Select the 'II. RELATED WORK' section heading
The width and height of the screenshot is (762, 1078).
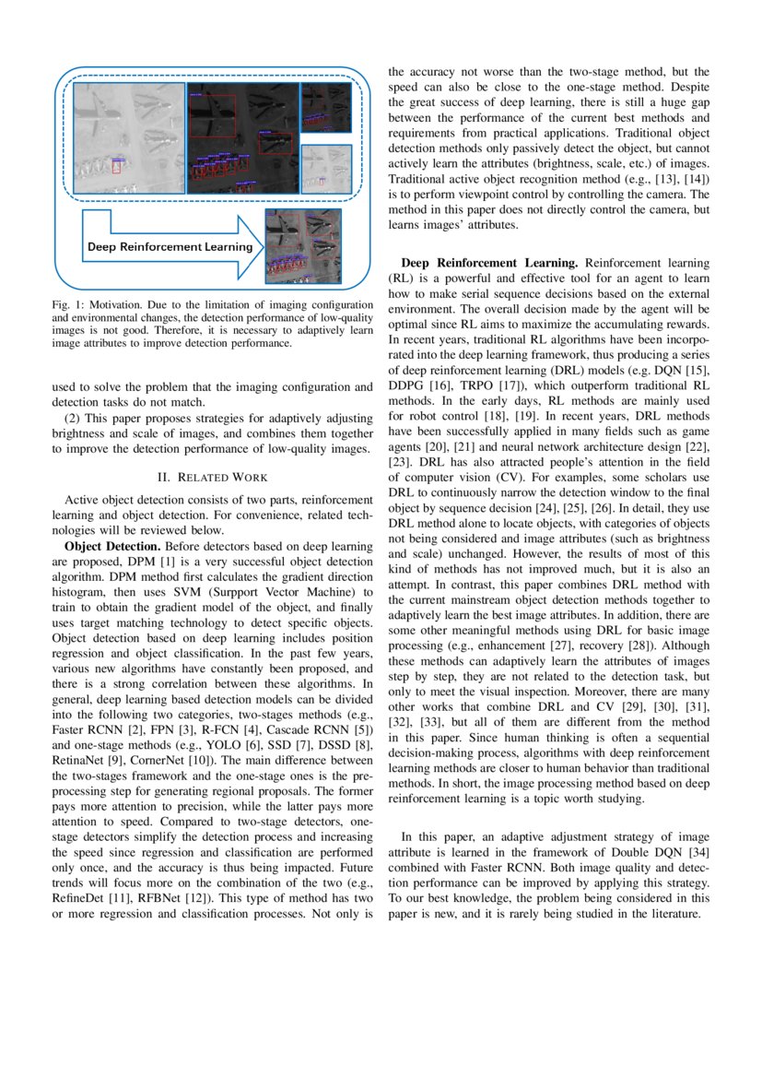(213, 477)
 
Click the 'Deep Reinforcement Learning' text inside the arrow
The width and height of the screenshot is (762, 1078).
(170, 247)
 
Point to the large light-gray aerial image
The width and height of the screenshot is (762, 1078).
(128, 138)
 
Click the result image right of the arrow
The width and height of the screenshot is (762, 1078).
(302, 245)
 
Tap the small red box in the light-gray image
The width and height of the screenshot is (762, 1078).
(117, 167)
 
